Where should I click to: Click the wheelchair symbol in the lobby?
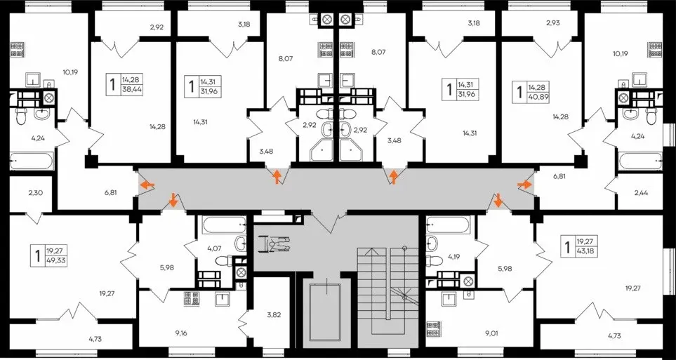[274, 244]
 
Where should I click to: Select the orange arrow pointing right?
[525, 185]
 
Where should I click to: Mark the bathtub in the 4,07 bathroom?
[223, 225]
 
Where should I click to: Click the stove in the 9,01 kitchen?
[432, 328]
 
